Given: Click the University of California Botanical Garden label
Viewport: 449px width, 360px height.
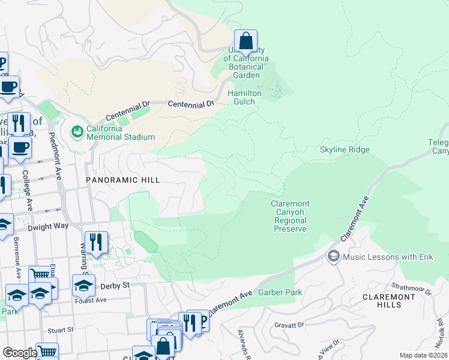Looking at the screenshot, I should point(246,62).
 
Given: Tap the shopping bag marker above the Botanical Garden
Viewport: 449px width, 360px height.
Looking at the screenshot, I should point(246,41).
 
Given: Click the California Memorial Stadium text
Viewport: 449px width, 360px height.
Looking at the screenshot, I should point(121,133).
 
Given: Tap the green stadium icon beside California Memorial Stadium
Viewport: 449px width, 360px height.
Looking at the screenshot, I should point(77,131).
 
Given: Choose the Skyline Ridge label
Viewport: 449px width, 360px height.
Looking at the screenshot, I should point(344,149).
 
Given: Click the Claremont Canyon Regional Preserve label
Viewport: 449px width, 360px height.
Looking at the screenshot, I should point(289,217).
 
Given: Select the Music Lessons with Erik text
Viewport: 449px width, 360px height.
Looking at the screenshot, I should point(384,257).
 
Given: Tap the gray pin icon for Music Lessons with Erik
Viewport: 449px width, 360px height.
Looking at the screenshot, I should point(333,257).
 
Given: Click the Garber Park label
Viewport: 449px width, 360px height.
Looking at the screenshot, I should point(280,292).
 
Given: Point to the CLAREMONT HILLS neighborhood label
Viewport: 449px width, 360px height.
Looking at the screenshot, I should point(390,301).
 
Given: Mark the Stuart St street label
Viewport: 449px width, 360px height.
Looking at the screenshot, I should point(61,329).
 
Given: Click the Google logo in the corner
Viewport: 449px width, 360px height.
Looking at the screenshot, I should point(20,353).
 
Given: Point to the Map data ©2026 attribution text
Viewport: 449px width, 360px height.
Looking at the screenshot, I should point(423,355).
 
